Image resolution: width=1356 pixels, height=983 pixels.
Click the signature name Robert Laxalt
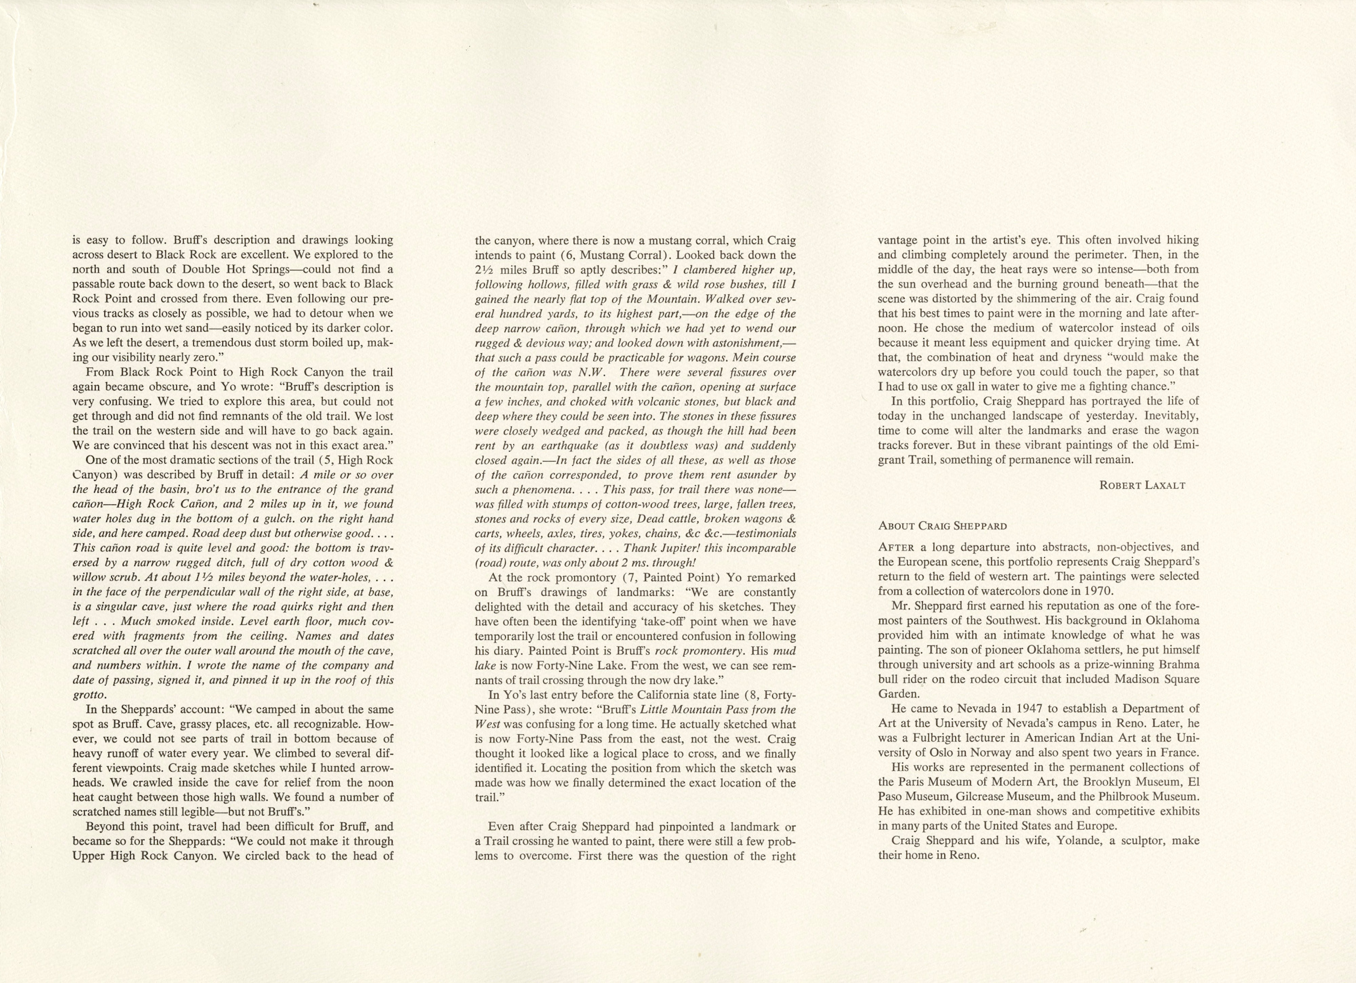[1142, 485]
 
